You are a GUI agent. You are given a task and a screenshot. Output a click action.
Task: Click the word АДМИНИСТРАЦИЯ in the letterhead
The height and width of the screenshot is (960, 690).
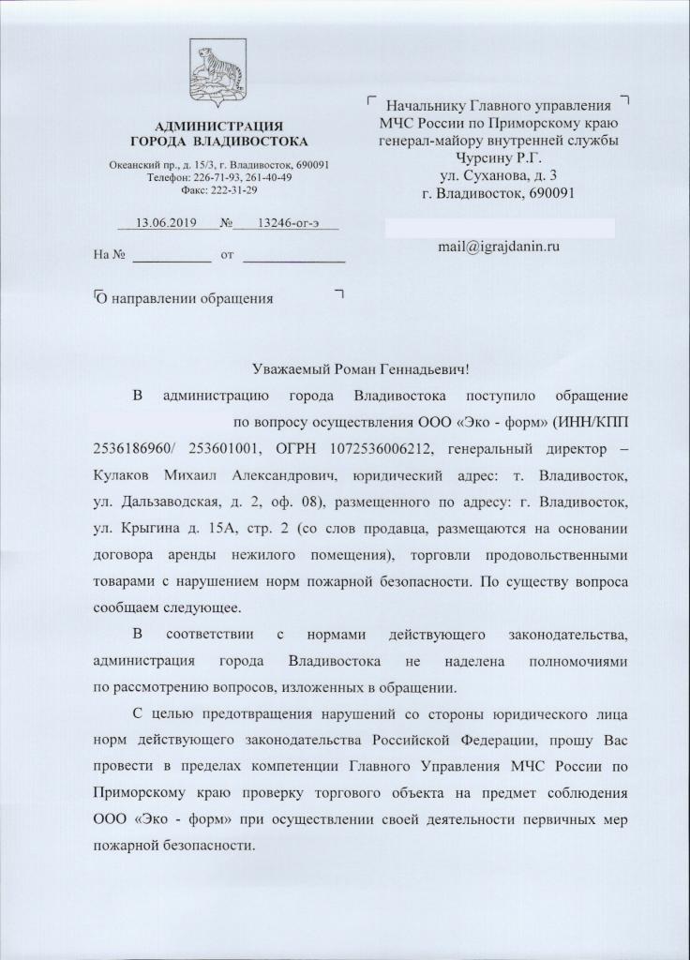(218, 126)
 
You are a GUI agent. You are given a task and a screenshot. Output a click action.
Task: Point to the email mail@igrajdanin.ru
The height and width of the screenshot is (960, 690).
(499, 246)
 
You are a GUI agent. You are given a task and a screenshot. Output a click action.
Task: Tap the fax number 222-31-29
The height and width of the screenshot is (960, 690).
(231, 189)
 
